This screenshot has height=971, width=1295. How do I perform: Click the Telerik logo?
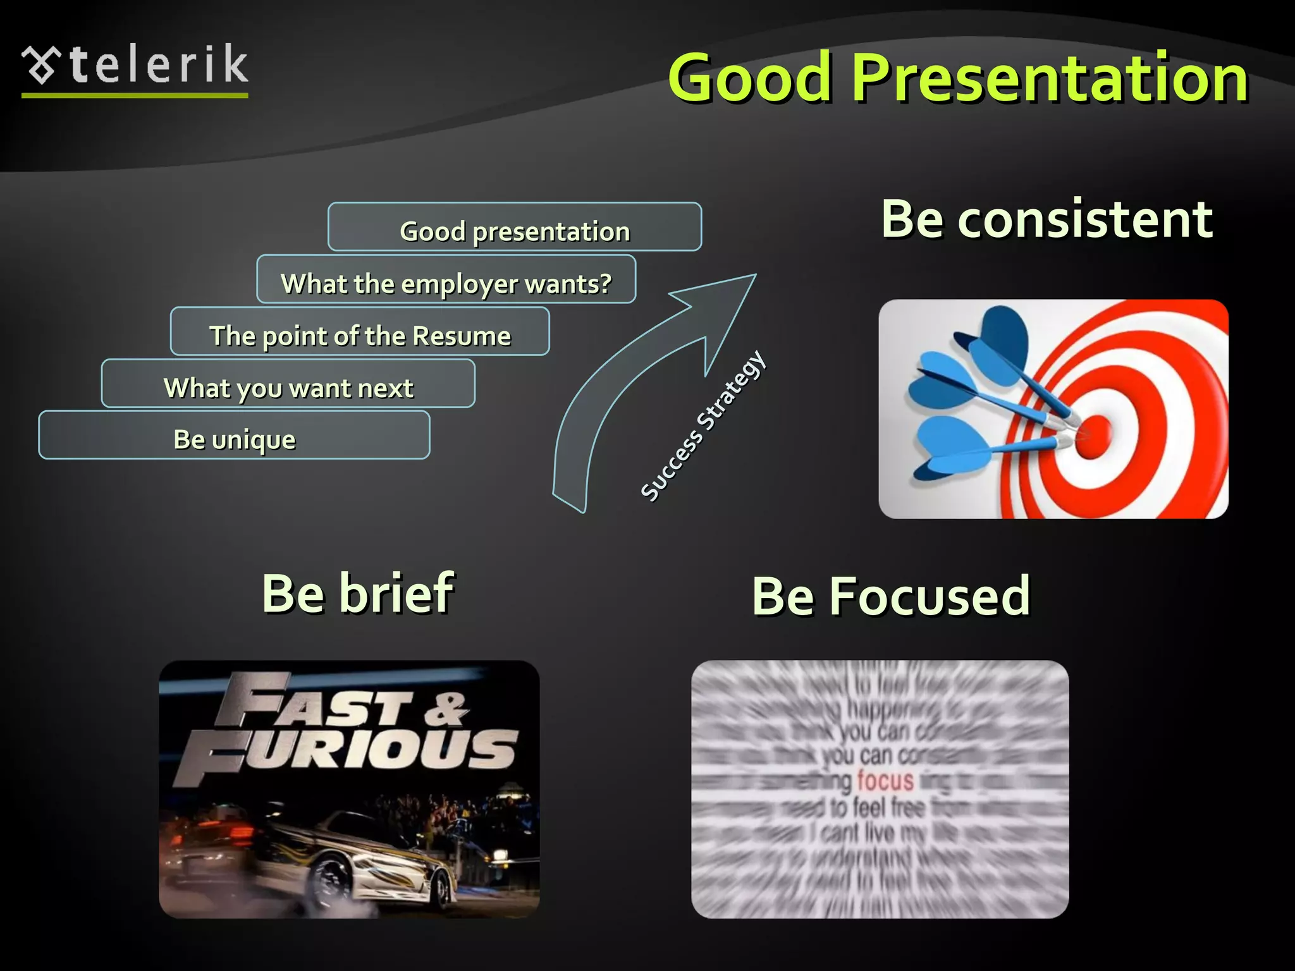click(135, 68)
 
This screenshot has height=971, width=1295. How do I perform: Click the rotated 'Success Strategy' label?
click(703, 427)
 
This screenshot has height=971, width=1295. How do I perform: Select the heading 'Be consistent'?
click(1046, 219)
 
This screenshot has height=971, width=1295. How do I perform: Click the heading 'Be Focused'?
click(891, 596)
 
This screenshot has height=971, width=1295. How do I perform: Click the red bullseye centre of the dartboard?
click(1092, 436)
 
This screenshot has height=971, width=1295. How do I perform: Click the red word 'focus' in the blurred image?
click(885, 781)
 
